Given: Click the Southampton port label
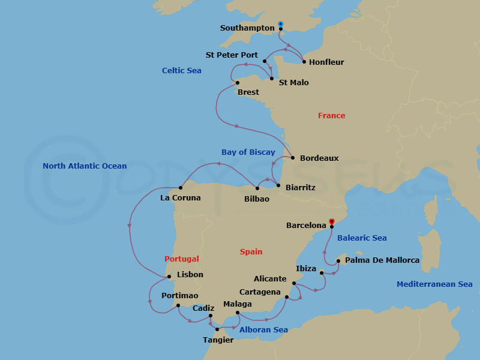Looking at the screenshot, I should (x=248, y=28).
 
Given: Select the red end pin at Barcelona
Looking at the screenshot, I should (x=332, y=221).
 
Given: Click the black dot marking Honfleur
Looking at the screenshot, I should (x=304, y=62).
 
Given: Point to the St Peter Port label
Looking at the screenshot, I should (x=232, y=55).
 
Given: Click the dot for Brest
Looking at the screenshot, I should (x=238, y=83).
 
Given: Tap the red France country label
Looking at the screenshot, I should (x=332, y=116).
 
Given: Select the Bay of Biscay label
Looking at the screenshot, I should (x=248, y=152).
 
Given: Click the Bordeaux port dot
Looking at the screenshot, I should (x=293, y=158).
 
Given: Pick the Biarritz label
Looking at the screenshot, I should (x=301, y=188).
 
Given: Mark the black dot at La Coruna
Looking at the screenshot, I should (x=181, y=188).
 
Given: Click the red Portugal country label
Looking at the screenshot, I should (x=182, y=259).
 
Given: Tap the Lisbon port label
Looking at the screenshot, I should (x=190, y=275).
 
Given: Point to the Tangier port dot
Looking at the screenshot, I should (x=217, y=329).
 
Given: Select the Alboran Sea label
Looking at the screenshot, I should (x=263, y=330).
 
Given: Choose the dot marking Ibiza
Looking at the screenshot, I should (x=322, y=274).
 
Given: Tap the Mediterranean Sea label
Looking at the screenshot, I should (x=434, y=284).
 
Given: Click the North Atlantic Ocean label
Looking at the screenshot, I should (x=85, y=166).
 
